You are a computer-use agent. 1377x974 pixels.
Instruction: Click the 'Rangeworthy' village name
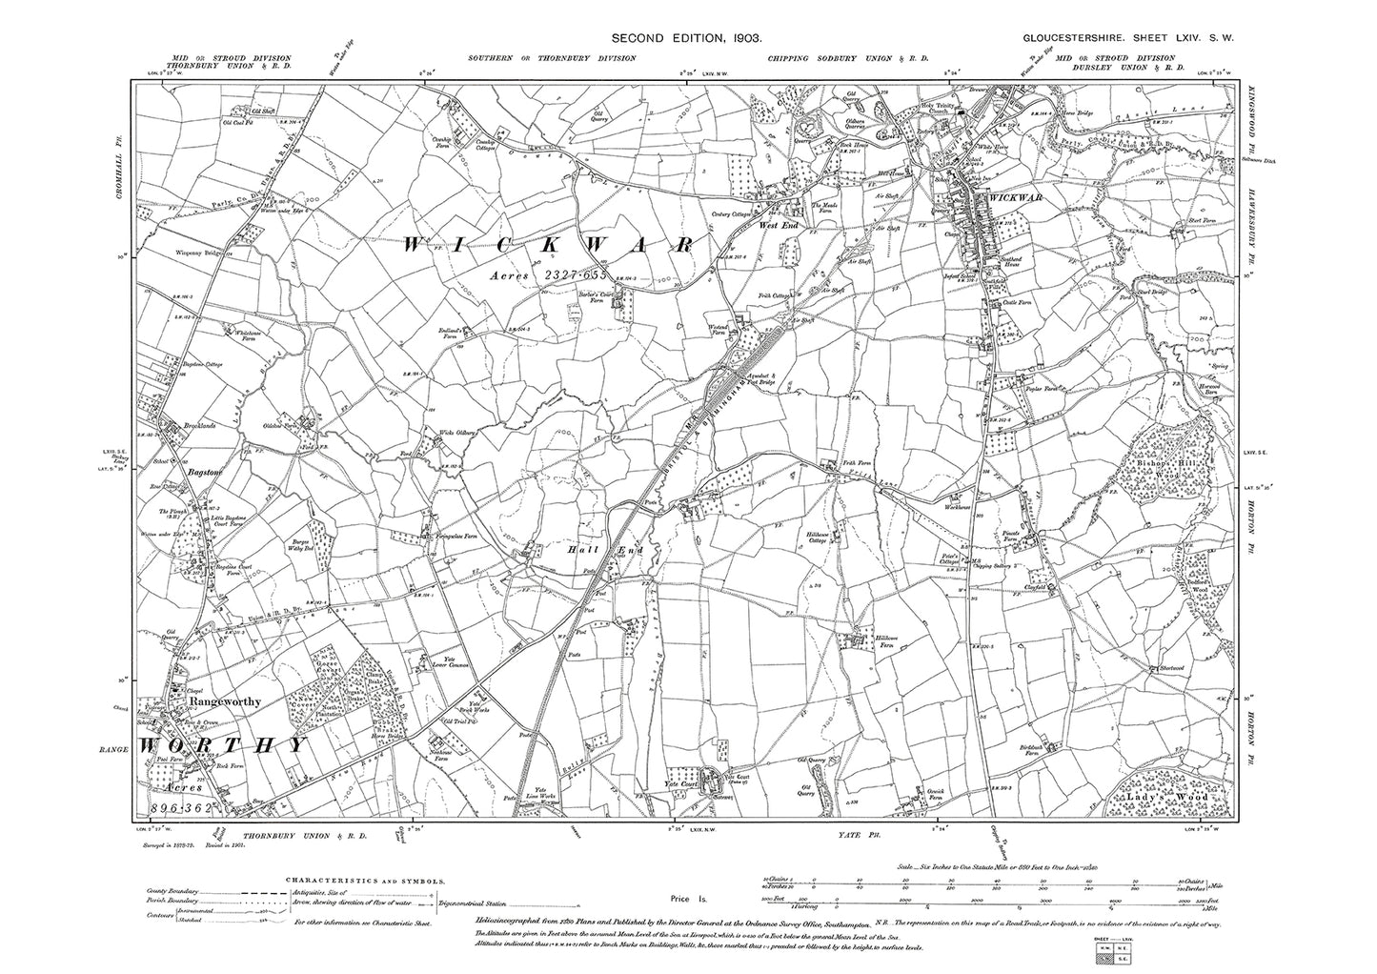pyautogui.click(x=226, y=700)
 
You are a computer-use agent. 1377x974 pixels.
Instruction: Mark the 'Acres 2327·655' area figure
pyautogui.click(x=542, y=274)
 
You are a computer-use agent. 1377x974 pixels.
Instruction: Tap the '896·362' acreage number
pyautogui.click(x=182, y=808)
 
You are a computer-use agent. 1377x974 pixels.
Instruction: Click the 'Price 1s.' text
pyautogui.click(x=682, y=899)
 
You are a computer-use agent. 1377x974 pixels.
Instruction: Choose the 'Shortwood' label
pyautogui.click(x=1166, y=667)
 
